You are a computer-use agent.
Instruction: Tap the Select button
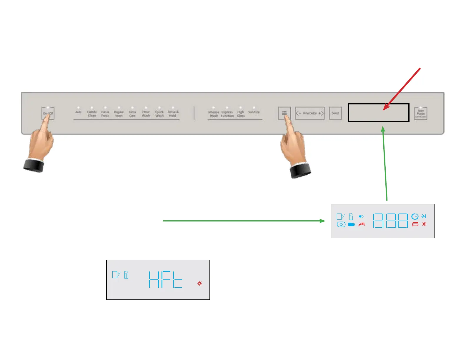pyautogui.click(x=335, y=113)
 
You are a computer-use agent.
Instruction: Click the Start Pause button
pyautogui.click(x=421, y=113)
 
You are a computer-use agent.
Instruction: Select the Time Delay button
pyautogui.click(x=310, y=113)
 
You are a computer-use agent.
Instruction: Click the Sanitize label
pyautogui.click(x=254, y=112)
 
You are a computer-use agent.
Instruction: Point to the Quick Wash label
pyautogui.click(x=159, y=114)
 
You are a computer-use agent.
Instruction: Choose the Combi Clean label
pyautogui.click(x=92, y=114)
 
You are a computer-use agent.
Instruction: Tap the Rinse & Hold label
pyautogui.click(x=173, y=114)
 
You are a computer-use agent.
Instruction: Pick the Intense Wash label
pyautogui.click(x=214, y=114)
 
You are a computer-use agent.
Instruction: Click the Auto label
pyautogui.click(x=78, y=112)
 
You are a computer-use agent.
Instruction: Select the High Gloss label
pyautogui.click(x=241, y=114)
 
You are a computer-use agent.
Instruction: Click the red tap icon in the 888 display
pyautogui.click(x=362, y=224)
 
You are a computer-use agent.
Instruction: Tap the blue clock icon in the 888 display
pyautogui.click(x=415, y=216)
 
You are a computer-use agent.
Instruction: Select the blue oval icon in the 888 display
pyautogui.click(x=341, y=224)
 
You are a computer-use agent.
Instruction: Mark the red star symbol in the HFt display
pyautogui.click(x=200, y=284)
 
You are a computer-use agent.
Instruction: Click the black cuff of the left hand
pyautogui.click(x=34, y=165)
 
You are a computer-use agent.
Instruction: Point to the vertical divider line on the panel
pyautogui.click(x=194, y=113)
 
